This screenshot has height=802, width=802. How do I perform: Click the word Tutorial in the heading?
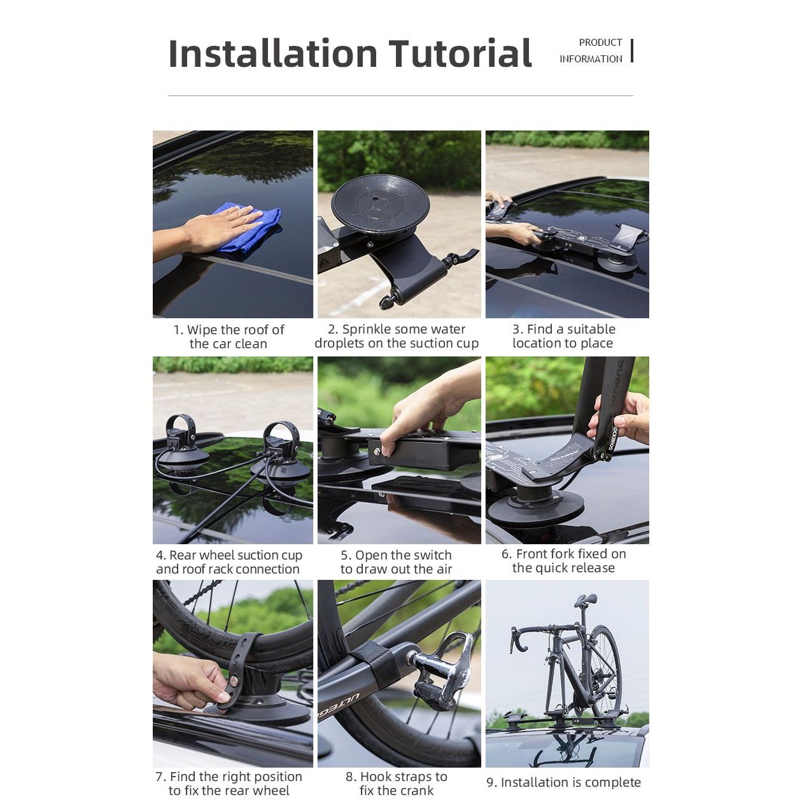460,53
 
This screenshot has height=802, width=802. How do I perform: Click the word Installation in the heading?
273,53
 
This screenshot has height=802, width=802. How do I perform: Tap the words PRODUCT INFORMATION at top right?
591,51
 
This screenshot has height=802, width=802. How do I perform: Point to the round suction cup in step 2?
381,204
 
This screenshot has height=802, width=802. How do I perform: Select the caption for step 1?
229,337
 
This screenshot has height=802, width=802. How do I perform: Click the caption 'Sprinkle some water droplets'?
397,336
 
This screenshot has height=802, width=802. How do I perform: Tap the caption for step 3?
563,336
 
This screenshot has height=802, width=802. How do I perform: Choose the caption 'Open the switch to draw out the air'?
396,562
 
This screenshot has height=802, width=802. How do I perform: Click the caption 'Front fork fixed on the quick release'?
563,561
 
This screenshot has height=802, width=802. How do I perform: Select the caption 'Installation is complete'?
563,782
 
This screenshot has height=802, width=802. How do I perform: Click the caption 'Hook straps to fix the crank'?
396,784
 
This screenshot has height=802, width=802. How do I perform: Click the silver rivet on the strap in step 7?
234,681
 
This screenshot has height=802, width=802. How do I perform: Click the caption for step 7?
229,784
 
